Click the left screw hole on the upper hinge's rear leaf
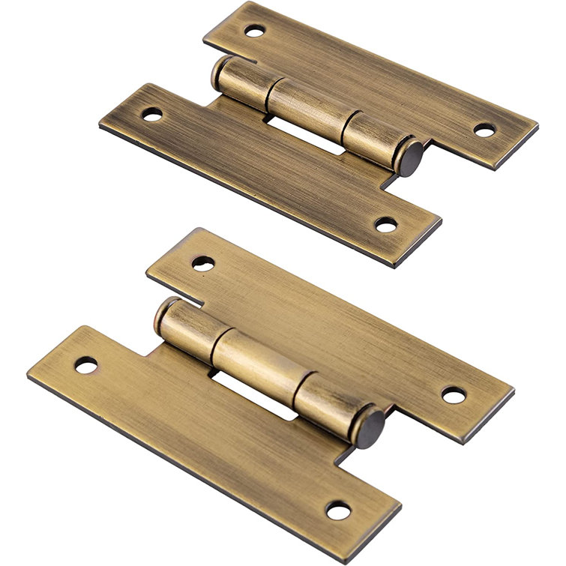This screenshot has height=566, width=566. (254, 32)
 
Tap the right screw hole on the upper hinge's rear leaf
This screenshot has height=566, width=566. (484, 130)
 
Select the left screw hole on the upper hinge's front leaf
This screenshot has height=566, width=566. (151, 115)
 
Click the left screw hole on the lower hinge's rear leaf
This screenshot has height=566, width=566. (202, 262)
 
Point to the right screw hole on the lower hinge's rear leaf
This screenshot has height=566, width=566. (453, 394)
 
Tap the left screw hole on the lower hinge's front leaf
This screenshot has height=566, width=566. (86, 367)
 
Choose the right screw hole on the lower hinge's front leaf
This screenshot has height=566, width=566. (340, 512)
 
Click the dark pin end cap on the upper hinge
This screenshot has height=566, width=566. (410, 160)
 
